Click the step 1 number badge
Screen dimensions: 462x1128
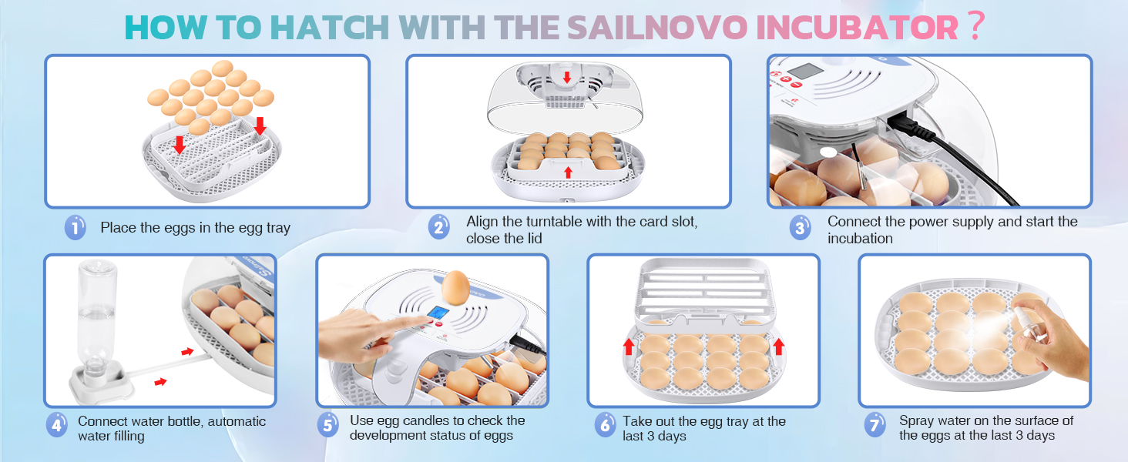tap(75, 228)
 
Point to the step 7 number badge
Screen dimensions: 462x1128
tap(874, 425)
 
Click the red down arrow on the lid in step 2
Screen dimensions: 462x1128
tap(567, 77)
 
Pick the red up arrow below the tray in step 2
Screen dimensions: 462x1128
tap(568, 172)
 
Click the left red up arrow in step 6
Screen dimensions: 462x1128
tap(629, 346)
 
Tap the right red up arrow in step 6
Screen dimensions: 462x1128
tap(777, 346)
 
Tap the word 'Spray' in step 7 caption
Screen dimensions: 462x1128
tap(918, 420)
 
